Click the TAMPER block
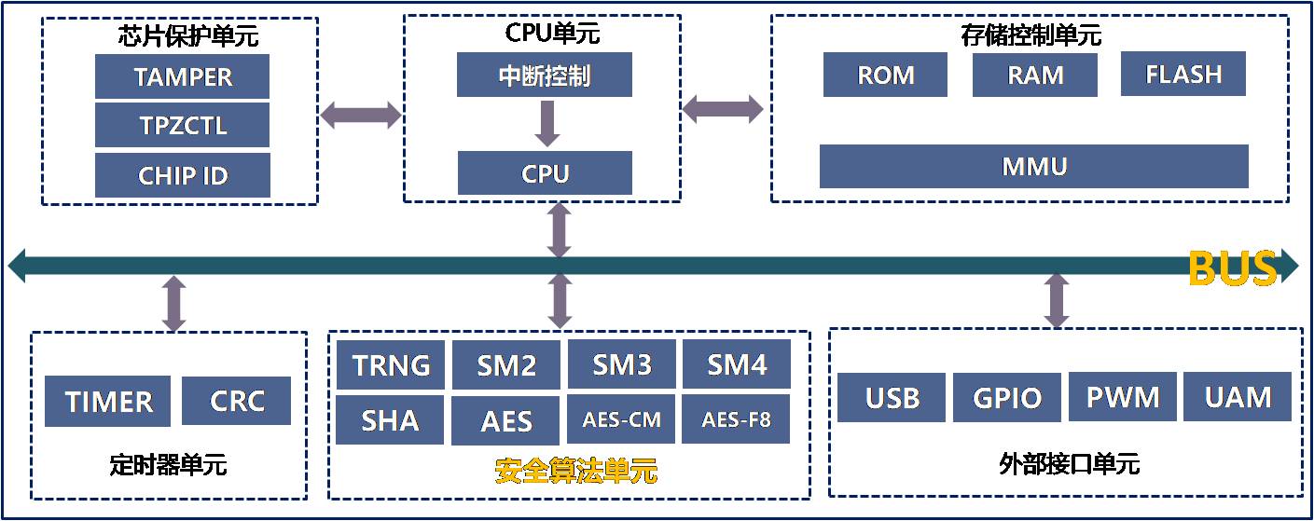(x=182, y=76)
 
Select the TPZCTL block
(x=182, y=125)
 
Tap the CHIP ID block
(x=183, y=175)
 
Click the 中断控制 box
(x=545, y=75)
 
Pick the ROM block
(x=885, y=75)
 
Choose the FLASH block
(x=1183, y=74)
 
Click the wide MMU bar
(x=1033, y=167)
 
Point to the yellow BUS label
(x=1233, y=267)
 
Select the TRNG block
(x=391, y=364)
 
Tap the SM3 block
(x=622, y=363)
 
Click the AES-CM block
(x=621, y=419)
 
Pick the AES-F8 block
(x=736, y=419)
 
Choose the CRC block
(x=236, y=401)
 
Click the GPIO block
(x=1007, y=397)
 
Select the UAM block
(x=1238, y=396)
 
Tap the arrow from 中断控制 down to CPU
(x=547, y=124)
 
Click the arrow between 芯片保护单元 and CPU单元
(x=361, y=115)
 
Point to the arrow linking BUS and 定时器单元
(x=174, y=304)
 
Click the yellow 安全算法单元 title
(x=575, y=471)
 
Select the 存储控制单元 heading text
(x=1030, y=35)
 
